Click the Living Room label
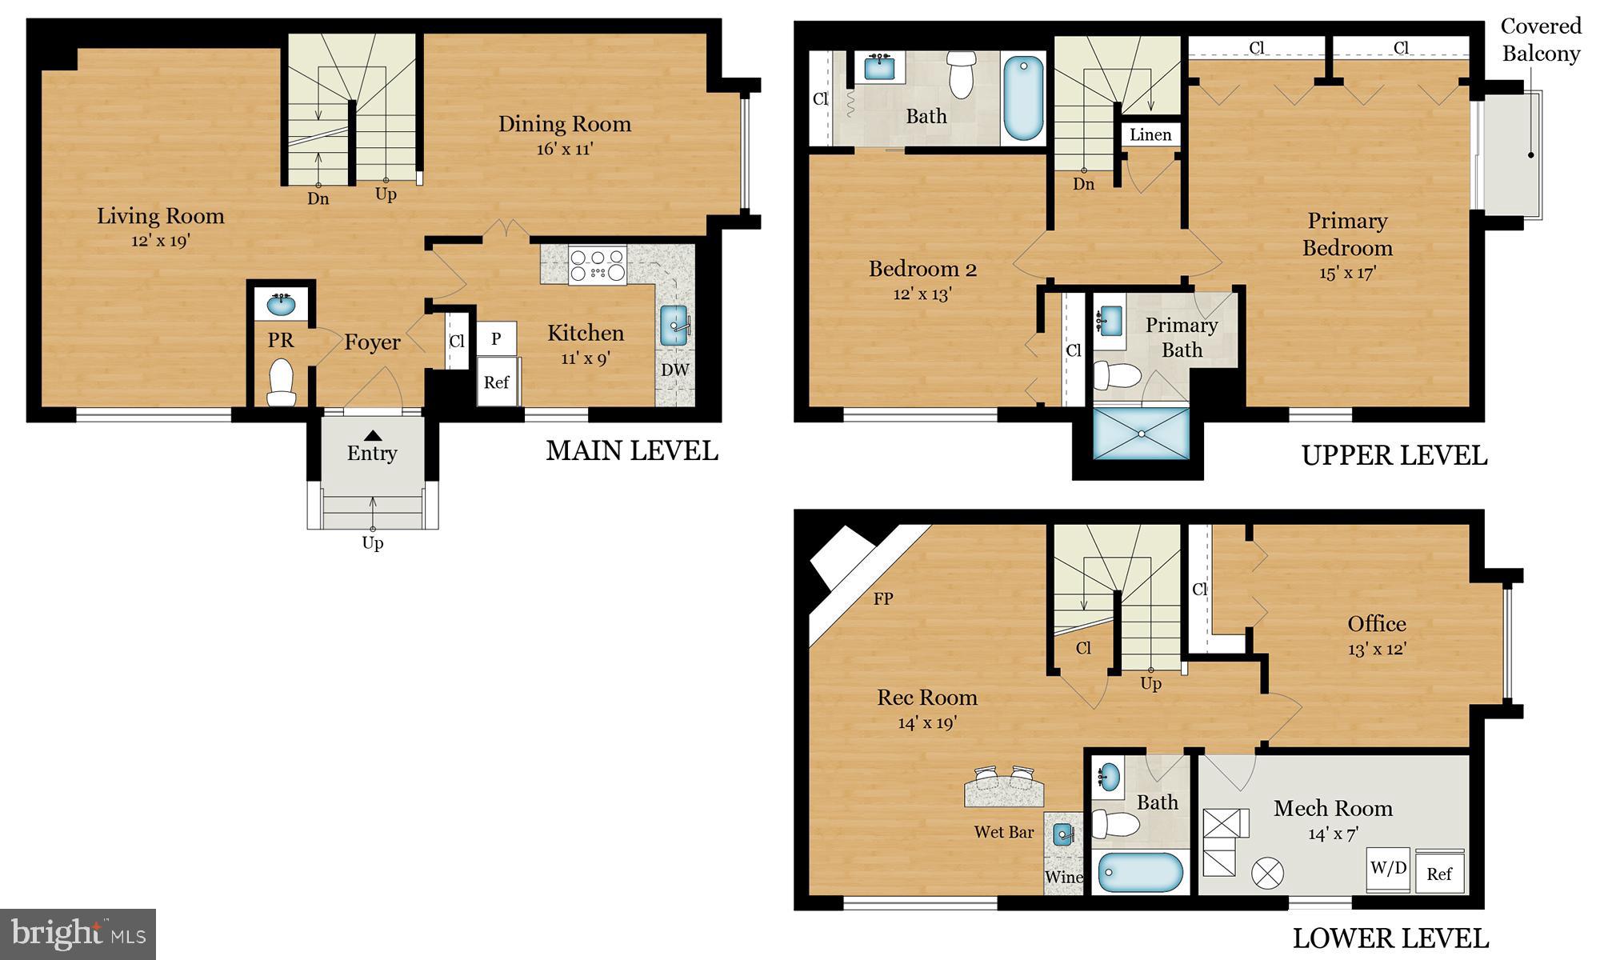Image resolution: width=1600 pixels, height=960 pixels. pyautogui.click(x=161, y=216)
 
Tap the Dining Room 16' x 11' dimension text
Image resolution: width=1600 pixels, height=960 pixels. pyautogui.click(x=565, y=150)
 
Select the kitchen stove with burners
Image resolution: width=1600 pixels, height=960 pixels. pyautogui.click(x=597, y=265)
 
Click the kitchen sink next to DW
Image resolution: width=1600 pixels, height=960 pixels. pyautogui.click(x=674, y=325)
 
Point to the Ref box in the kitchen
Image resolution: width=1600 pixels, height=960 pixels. pyautogui.click(x=496, y=382)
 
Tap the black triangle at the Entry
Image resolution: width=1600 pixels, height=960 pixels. pyautogui.click(x=373, y=436)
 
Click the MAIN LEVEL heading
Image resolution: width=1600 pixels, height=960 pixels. pyautogui.click(x=631, y=451)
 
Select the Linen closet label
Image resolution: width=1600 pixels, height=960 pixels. pyautogui.click(x=1150, y=135)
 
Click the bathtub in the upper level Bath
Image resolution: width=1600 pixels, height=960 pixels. pyautogui.click(x=1023, y=98)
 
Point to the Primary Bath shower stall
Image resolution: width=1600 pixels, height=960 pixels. pyautogui.click(x=1141, y=433)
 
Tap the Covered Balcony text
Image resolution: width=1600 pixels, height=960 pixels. pyautogui.click(x=1541, y=40)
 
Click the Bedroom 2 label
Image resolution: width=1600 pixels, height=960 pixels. pyautogui.click(x=922, y=269)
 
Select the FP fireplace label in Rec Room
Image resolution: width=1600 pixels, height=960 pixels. pyautogui.click(x=883, y=598)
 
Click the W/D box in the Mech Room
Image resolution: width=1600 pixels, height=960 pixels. pyautogui.click(x=1388, y=868)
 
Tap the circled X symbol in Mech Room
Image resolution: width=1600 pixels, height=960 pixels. pyautogui.click(x=1267, y=873)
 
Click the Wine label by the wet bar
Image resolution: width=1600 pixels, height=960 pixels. pyautogui.click(x=1063, y=878)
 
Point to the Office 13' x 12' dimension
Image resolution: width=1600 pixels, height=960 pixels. pyautogui.click(x=1377, y=650)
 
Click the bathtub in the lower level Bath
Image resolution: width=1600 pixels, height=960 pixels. pyautogui.click(x=1140, y=872)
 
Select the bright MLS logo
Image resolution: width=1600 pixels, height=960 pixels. pyautogui.click(x=78, y=934)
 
